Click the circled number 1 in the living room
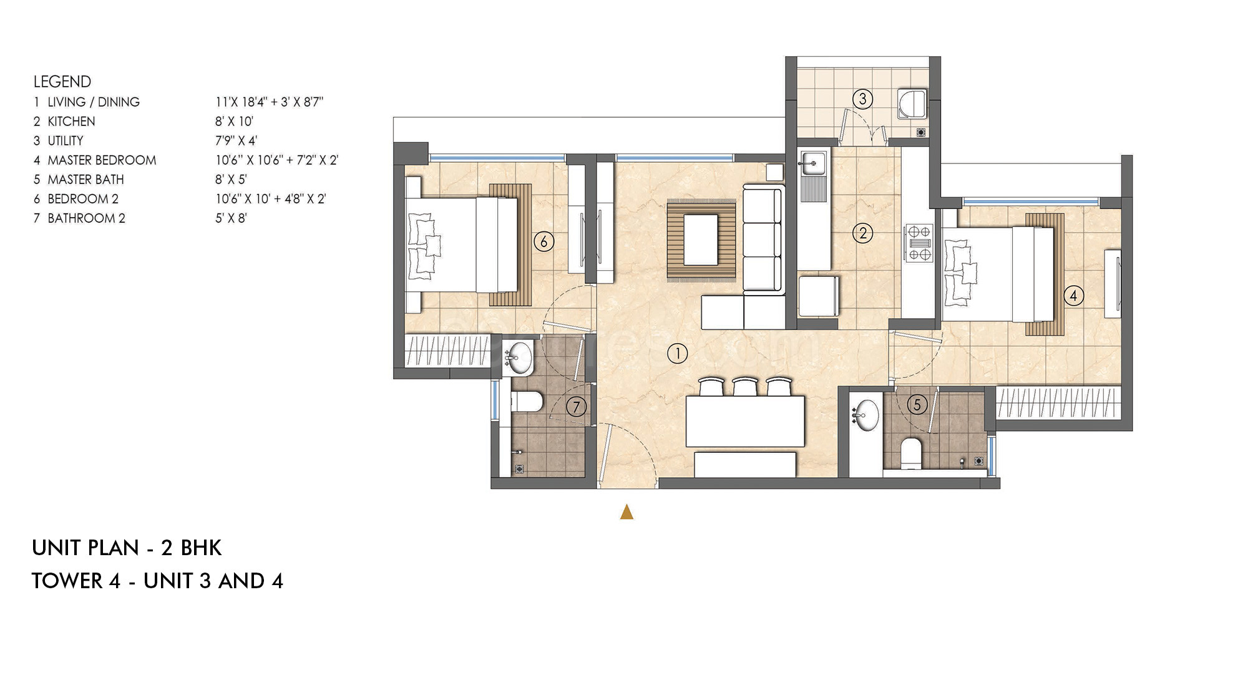pyautogui.click(x=677, y=354)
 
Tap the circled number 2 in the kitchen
pyautogui.click(x=863, y=233)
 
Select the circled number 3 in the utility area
pyautogui.click(x=862, y=99)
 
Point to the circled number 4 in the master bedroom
pyautogui.click(x=1073, y=296)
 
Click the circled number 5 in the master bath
pyautogui.click(x=917, y=405)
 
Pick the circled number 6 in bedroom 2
pyautogui.click(x=544, y=241)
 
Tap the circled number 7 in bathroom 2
pyautogui.click(x=576, y=407)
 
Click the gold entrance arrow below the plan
pyautogui.click(x=627, y=512)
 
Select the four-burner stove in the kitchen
pyautogui.click(x=919, y=243)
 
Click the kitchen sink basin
pyautogui.click(x=812, y=163)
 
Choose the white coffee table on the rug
pyautogui.click(x=701, y=240)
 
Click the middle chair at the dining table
pyautogui.click(x=744, y=387)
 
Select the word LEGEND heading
pyautogui.click(x=62, y=82)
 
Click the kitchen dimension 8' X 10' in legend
pyautogui.click(x=234, y=121)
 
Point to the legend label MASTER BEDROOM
pyautogui.click(x=102, y=160)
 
